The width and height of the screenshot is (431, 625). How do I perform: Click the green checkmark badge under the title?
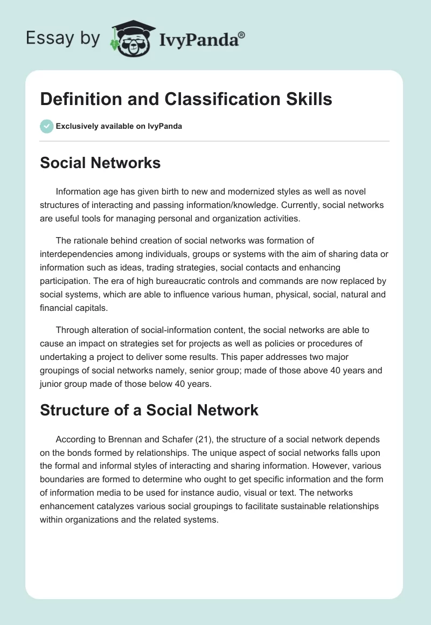(46, 126)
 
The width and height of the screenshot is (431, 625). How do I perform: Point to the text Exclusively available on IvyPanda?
(119, 126)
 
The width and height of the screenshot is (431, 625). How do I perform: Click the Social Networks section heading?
(100, 162)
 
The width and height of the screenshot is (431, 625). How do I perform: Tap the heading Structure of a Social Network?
(149, 410)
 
